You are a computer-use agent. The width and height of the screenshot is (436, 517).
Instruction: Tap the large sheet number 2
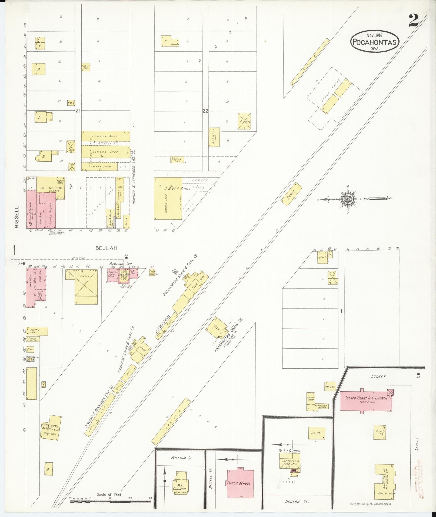point(414,21)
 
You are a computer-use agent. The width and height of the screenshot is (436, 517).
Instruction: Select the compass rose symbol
point(348,199)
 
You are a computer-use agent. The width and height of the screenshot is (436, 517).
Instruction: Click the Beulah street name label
point(106,248)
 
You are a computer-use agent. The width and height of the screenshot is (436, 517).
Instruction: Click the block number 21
point(78,111)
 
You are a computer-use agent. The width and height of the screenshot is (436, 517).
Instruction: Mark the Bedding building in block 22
point(244,121)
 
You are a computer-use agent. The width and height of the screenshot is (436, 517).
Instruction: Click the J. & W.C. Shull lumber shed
point(168,198)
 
